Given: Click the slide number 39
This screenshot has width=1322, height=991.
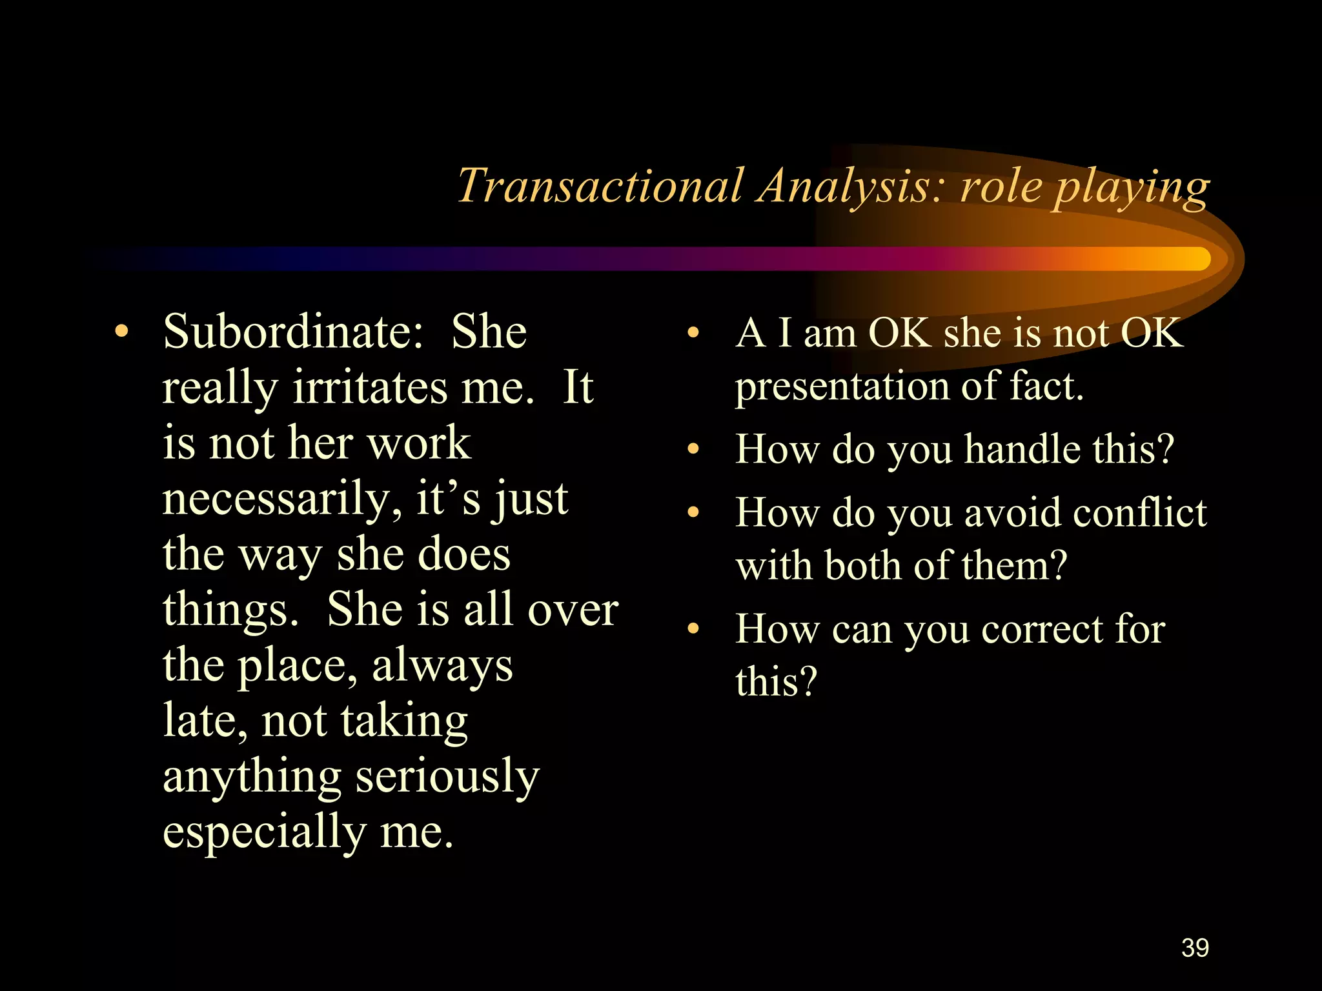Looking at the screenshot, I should (x=1195, y=948).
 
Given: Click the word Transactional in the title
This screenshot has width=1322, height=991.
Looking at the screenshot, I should (x=600, y=186).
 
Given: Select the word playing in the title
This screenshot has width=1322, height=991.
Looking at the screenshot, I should (x=1131, y=188).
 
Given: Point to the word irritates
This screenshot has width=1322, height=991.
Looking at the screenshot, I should (x=370, y=387).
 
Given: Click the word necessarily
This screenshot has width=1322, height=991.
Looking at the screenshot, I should (x=276, y=500).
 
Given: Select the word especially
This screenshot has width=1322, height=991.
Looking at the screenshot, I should (x=264, y=832).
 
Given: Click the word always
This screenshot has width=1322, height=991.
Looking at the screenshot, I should (x=442, y=666).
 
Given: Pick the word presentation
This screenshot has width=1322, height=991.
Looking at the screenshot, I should (x=842, y=387).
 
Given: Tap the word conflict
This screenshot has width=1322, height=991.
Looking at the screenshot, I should (x=1139, y=513).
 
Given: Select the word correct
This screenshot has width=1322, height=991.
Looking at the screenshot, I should (x=1041, y=629).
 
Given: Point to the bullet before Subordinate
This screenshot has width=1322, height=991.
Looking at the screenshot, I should (x=121, y=332).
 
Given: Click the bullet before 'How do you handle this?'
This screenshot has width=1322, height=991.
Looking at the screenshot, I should (x=693, y=449).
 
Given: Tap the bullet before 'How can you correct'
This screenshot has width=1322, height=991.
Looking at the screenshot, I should (x=693, y=629).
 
